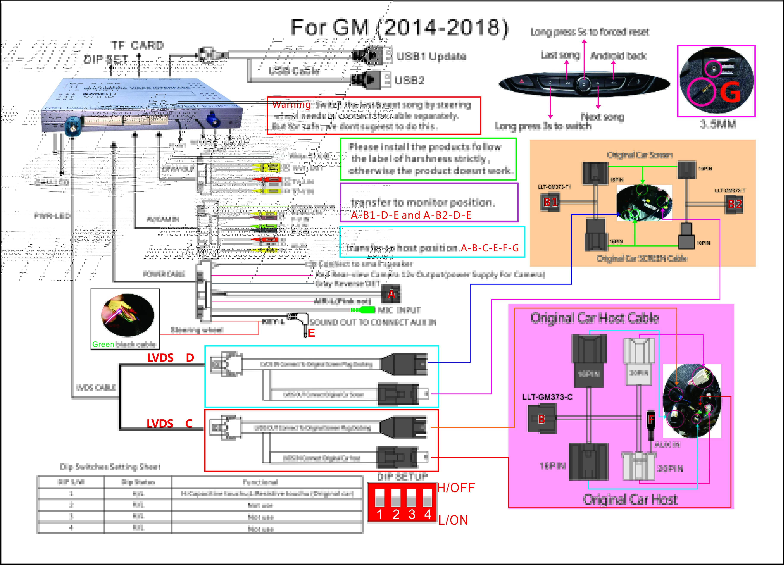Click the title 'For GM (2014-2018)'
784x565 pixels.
click(x=399, y=28)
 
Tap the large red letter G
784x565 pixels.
click(x=730, y=93)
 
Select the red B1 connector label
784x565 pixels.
click(x=550, y=202)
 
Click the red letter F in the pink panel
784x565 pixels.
click(x=651, y=419)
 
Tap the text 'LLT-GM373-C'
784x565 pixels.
click(x=547, y=397)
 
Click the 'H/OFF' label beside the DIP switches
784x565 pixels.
click(x=456, y=488)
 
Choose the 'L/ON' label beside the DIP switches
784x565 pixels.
click(x=453, y=520)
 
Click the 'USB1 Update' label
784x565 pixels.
click(x=431, y=56)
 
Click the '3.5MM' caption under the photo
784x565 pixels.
click(x=718, y=124)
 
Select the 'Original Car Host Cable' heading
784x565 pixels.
click(x=595, y=318)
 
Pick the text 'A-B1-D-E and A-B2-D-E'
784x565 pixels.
click(x=411, y=215)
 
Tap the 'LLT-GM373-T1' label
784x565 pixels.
click(x=554, y=187)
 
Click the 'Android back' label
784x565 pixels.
click(x=618, y=56)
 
